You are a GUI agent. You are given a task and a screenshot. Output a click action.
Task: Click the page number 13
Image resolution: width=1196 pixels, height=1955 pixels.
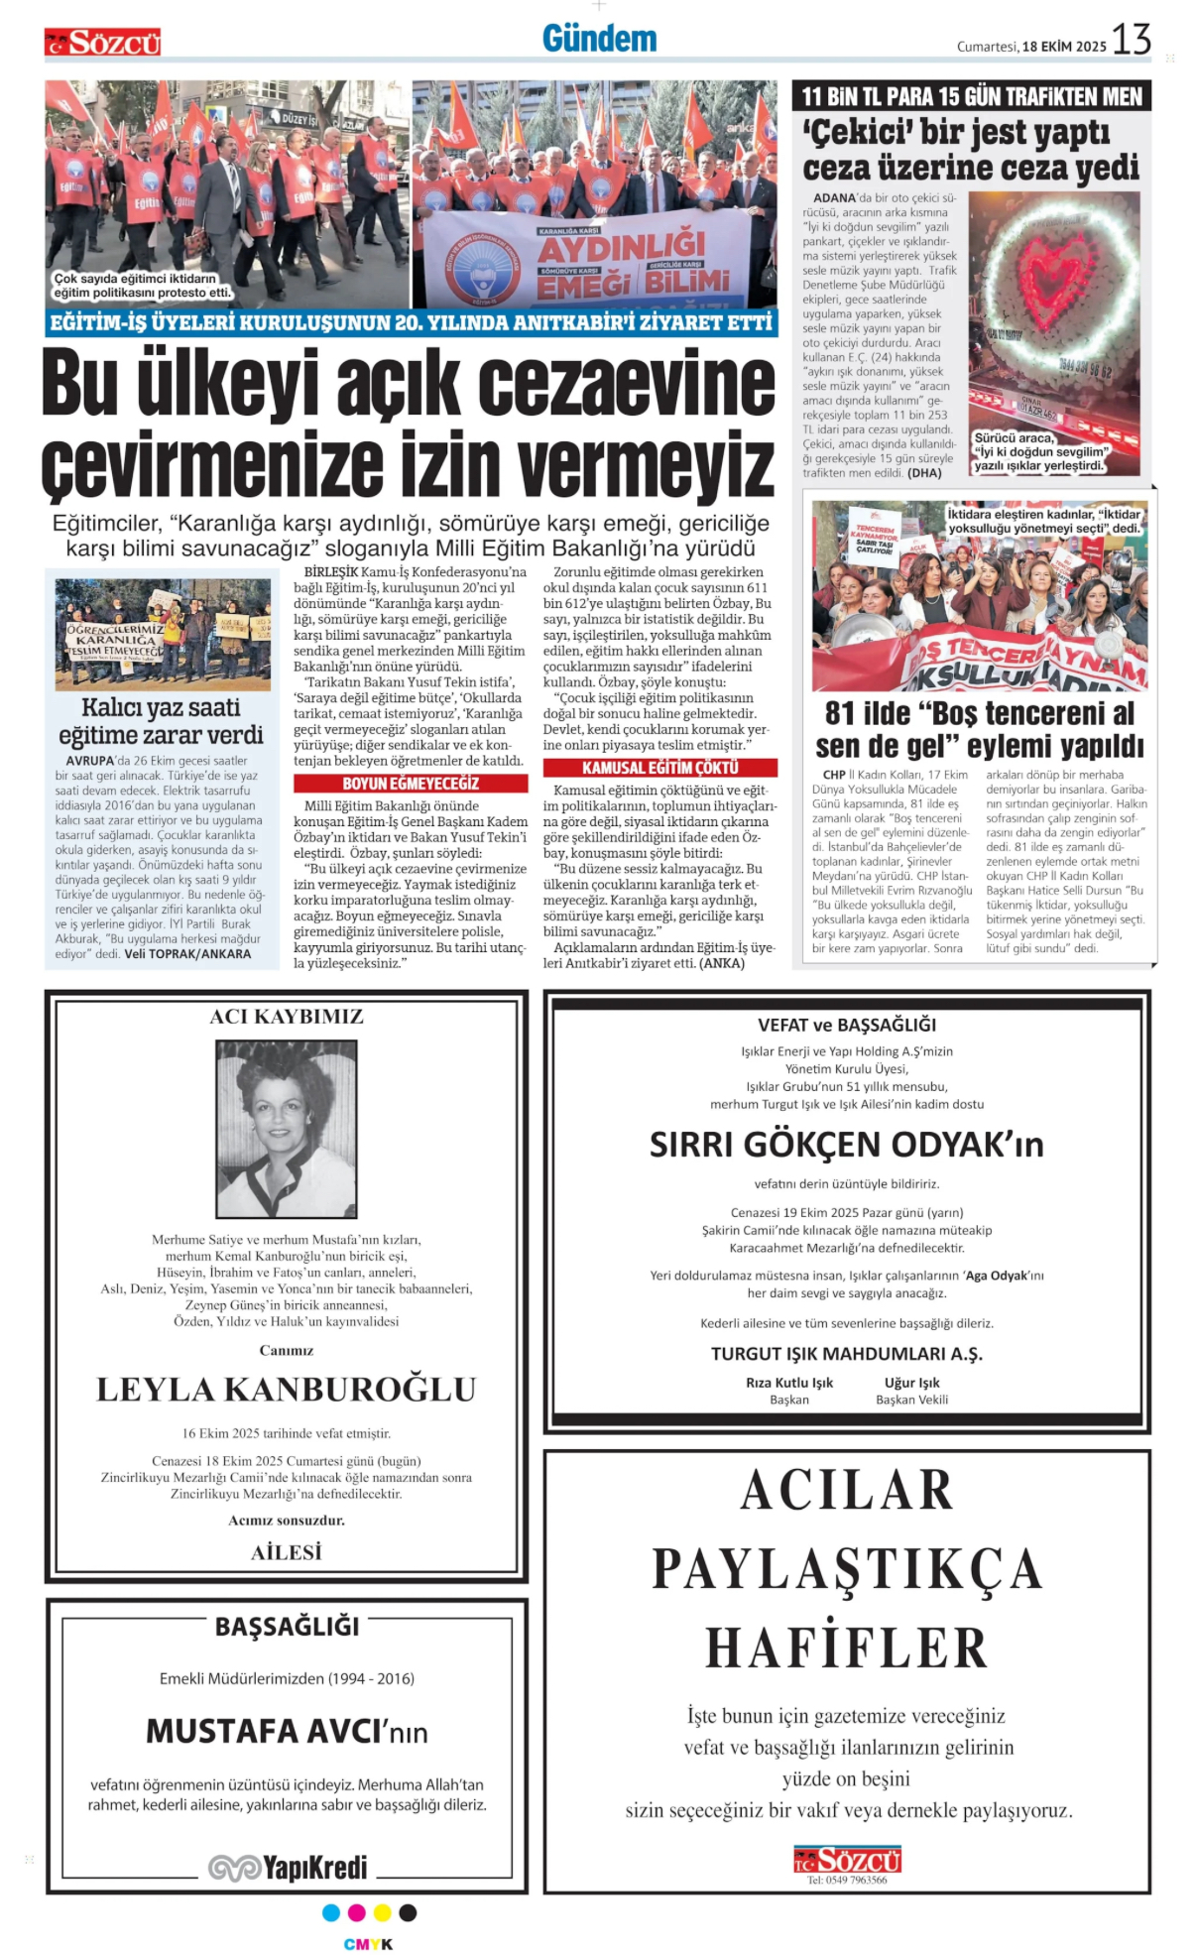coord(1131,40)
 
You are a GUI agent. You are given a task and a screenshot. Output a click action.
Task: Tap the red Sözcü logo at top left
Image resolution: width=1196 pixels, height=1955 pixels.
coord(102,43)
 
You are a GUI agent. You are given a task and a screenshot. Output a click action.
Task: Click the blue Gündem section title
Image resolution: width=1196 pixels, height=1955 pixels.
coord(599,39)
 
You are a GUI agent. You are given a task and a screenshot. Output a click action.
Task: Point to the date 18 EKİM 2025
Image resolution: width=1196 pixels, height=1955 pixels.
coord(1064,47)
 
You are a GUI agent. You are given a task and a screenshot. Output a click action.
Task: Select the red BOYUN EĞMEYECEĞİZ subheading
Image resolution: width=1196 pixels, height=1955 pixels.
coord(411,784)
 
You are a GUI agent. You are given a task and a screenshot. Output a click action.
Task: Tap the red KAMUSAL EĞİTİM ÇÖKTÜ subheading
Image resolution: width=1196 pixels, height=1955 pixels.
coord(659,768)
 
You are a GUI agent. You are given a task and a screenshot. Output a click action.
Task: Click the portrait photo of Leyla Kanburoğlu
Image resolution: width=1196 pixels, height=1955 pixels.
coord(287,1129)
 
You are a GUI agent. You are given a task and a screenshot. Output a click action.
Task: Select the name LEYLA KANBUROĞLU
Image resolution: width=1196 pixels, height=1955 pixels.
coord(287,1390)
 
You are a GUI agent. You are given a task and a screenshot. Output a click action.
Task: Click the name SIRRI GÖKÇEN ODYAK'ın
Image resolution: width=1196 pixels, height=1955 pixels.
coord(846,1145)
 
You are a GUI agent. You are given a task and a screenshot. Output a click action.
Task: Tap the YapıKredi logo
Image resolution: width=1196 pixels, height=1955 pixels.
coord(288,1868)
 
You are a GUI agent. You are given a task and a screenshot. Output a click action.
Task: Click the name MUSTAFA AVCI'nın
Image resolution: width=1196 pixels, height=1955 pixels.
coord(287,1732)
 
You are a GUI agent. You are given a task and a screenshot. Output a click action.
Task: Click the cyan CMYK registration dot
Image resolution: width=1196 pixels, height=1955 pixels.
coord(331,1912)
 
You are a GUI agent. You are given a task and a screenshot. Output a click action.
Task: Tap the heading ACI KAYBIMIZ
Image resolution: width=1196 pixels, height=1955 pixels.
coord(287,1017)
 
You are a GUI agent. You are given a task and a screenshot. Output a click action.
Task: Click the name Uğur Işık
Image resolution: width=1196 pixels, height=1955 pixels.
coord(911,1383)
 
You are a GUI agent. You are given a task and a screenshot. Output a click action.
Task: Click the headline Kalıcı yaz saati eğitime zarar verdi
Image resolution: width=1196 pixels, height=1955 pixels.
coord(162,721)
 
